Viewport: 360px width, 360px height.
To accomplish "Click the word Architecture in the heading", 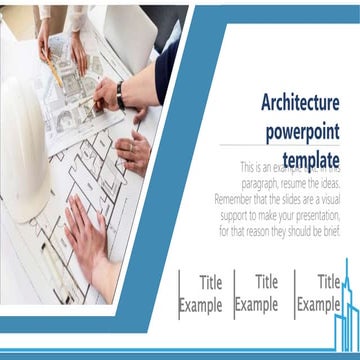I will [x=300, y=103].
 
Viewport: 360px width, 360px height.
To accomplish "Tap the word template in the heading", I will [x=311, y=159].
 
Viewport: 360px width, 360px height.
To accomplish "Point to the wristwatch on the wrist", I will [x=119, y=94].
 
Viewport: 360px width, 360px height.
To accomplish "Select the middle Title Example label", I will [x=257, y=294].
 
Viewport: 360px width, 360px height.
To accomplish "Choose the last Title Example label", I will [x=319, y=294].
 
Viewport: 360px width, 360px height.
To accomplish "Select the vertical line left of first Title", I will [x=180, y=294].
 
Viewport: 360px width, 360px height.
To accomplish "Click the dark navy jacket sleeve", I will [x=166, y=70].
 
